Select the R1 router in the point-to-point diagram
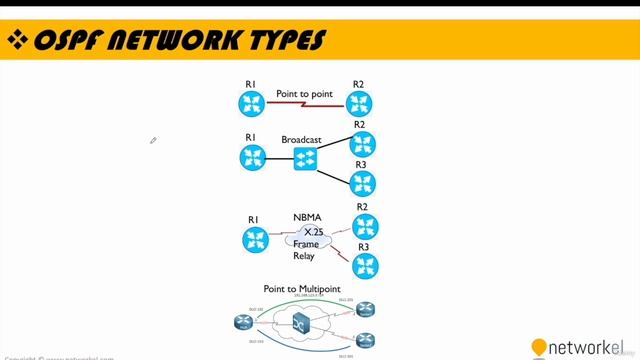(x=251, y=103)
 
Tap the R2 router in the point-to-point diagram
(x=359, y=103)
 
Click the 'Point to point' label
(x=304, y=93)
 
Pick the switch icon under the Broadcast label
(x=305, y=159)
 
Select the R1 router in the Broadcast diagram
(x=251, y=157)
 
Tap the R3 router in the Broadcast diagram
(x=362, y=183)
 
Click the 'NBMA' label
(x=307, y=217)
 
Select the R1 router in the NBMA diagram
(x=255, y=239)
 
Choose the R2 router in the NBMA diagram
(x=364, y=227)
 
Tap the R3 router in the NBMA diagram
(x=364, y=265)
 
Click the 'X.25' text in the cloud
(x=313, y=231)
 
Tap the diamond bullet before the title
(x=17, y=40)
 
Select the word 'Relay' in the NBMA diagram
(x=304, y=256)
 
